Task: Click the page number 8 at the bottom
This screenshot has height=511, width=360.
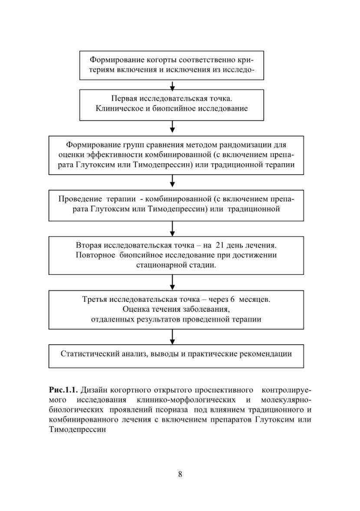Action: pos(180,474)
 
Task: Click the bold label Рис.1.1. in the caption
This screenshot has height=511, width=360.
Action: pos(63,390)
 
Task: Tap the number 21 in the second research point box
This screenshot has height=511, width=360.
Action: pos(219,245)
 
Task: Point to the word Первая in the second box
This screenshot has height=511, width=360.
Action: pos(124,99)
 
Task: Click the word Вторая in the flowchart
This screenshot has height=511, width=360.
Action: pos(88,245)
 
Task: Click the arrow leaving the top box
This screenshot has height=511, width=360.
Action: pos(172,85)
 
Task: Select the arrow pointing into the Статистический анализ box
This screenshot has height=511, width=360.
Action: pos(172,337)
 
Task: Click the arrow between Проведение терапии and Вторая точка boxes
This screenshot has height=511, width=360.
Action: pos(172,229)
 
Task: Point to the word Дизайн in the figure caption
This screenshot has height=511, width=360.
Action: pos(94,390)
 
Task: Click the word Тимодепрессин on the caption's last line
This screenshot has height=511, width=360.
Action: pos(78,429)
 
